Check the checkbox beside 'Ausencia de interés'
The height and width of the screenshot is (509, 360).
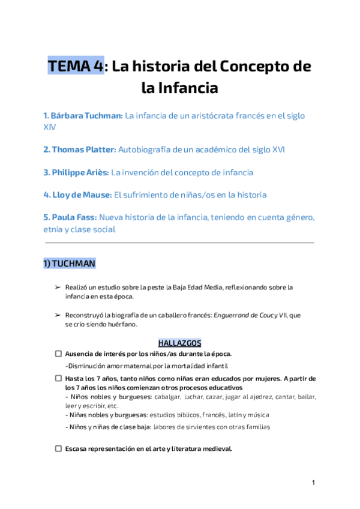pyautogui.click(x=58, y=354)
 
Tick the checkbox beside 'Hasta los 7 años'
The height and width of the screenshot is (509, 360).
pyautogui.click(x=58, y=379)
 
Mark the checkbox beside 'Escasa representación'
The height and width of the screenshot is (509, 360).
pyautogui.click(x=58, y=449)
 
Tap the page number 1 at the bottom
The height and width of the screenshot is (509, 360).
pyautogui.click(x=313, y=483)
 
